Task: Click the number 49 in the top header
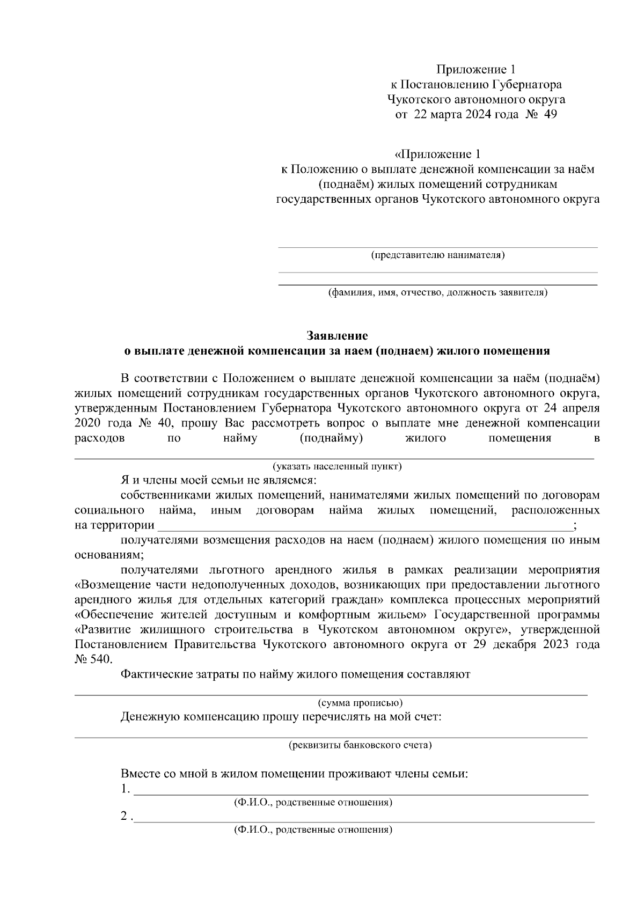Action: pyautogui.click(x=550, y=114)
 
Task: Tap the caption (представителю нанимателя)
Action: pyautogui.click(x=438, y=255)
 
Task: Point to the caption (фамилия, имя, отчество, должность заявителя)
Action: pyautogui.click(x=438, y=293)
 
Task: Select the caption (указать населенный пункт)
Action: pyautogui.click(x=336, y=466)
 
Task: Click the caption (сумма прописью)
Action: pyautogui.click(x=360, y=702)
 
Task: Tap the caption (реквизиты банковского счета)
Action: pyautogui.click(x=360, y=745)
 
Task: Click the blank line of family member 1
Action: pyautogui.click(x=360, y=791)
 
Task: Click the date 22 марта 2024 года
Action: pyautogui.click(x=466, y=114)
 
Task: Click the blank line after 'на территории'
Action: pyautogui.click(x=365, y=526)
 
